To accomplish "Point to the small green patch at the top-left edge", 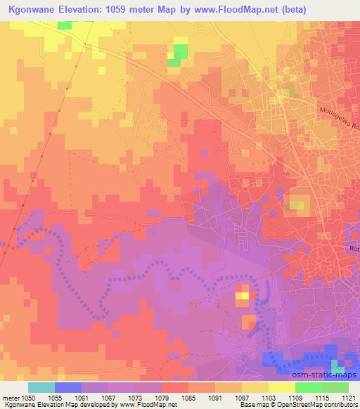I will [x=65, y=25].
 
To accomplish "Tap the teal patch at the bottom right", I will [x=340, y=366].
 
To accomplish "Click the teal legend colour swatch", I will [x=41, y=387].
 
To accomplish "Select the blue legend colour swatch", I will [x=68, y=387].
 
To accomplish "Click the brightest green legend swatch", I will [x=309, y=387].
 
